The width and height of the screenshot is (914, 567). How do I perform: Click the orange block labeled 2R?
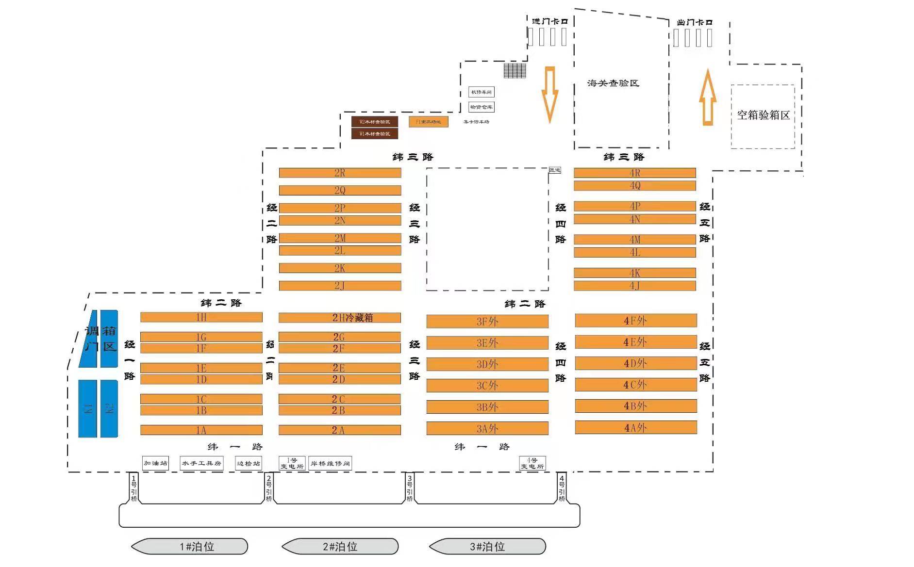[340, 173]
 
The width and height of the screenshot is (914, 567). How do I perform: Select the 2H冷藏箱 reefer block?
[340, 318]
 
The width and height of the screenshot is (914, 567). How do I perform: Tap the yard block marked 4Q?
[634, 185]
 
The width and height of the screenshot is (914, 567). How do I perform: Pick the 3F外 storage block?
[487, 321]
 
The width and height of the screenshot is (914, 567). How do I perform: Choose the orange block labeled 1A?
[201, 430]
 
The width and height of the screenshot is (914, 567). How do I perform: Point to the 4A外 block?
[636, 427]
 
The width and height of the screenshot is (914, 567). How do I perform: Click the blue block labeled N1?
[88, 408]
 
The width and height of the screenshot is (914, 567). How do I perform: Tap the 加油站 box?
[155, 463]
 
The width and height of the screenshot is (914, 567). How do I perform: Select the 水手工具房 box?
[201, 463]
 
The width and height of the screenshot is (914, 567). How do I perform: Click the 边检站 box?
[248, 463]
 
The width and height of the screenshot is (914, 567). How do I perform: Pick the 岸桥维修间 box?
[330, 463]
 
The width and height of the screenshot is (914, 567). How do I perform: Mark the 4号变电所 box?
[532, 463]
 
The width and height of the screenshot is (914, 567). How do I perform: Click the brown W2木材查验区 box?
[374, 121]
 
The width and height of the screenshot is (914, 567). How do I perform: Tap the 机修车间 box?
[481, 92]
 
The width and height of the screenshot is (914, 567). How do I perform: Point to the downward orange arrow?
[550, 95]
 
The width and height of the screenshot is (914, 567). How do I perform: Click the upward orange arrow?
[708, 97]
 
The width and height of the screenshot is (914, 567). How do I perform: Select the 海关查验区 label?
[613, 83]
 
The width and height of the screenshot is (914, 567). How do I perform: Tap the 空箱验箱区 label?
[763, 115]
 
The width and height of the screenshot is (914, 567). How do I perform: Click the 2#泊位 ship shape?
[340, 547]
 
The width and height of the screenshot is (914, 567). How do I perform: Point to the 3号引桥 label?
[410, 488]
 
